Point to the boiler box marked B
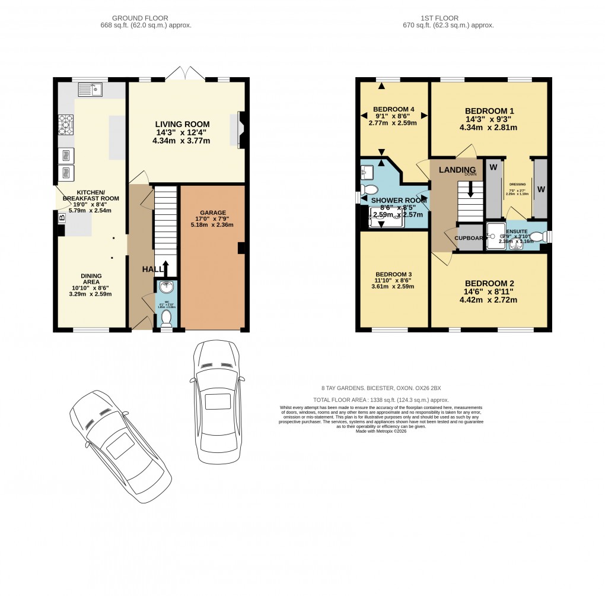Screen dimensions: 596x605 pyautogui.click(x=61, y=218)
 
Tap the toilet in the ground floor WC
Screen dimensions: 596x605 pyautogui.click(x=166, y=319)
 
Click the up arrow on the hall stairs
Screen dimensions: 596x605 pyautogui.click(x=166, y=268)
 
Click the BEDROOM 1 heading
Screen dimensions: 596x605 pyautogui.click(x=489, y=111)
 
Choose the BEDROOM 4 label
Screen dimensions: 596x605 pyautogui.click(x=394, y=109)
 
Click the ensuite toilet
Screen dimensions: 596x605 pyautogui.click(x=537, y=237)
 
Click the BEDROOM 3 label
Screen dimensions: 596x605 pyautogui.click(x=393, y=274)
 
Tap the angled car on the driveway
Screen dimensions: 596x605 pyautogui.click(x=120, y=446)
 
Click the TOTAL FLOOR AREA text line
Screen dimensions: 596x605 pyautogui.click(x=381, y=400)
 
